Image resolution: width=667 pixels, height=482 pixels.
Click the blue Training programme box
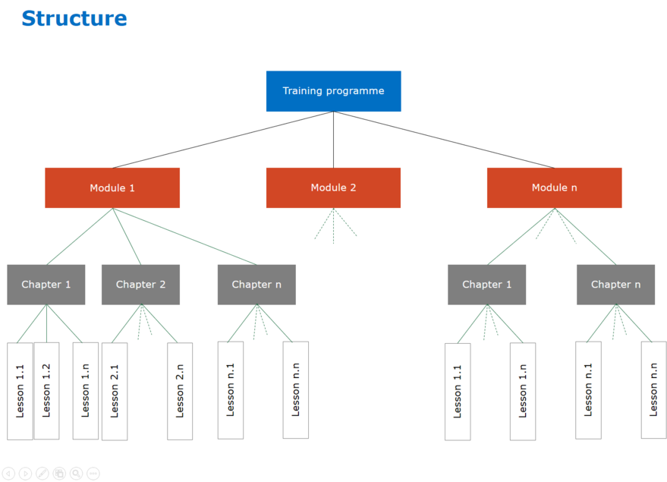[x=333, y=91]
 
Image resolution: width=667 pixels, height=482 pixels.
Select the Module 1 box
[x=112, y=187]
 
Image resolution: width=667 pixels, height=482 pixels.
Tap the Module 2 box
[x=333, y=187]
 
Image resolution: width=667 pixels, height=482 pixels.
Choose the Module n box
[x=554, y=187]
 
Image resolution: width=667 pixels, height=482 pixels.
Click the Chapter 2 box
[x=140, y=285]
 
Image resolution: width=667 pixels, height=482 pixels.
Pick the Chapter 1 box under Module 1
[x=46, y=285]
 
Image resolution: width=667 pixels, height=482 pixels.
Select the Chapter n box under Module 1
[x=256, y=285]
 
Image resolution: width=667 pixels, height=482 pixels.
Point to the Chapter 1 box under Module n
[x=486, y=285]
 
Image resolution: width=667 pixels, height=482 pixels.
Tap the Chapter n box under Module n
[x=615, y=285]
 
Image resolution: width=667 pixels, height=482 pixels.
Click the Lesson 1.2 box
[x=46, y=391]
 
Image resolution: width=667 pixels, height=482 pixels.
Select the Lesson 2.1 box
[x=115, y=392]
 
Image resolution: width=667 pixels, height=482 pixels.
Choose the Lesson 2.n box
[x=180, y=392]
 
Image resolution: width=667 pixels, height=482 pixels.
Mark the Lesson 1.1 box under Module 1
[x=20, y=391]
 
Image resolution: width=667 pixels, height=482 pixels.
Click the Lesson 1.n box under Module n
[x=523, y=392]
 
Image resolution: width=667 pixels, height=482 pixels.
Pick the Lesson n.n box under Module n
[x=653, y=390]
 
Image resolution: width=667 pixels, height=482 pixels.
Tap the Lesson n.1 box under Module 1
[x=231, y=390]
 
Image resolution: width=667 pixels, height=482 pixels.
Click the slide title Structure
[x=74, y=18]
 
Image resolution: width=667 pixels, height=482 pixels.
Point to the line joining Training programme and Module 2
[x=333, y=140]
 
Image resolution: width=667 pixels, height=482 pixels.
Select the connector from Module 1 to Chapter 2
[x=126, y=236]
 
